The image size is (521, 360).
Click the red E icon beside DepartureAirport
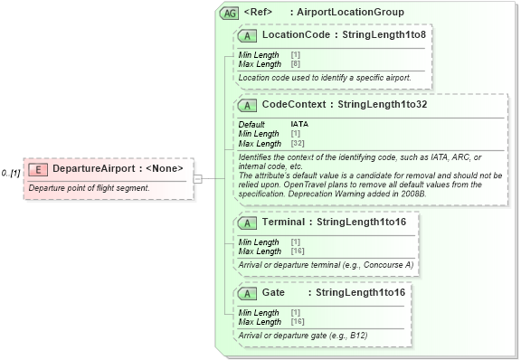tap(38, 168)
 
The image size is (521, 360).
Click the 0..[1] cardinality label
tap(11, 172)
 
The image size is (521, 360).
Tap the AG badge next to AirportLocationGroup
tap(230, 13)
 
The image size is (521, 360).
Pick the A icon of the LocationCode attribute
tap(247, 35)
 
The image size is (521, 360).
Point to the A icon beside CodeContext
tap(247, 104)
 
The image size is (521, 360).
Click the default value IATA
tap(299, 124)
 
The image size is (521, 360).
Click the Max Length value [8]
tap(295, 64)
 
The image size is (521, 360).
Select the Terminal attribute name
tap(283, 222)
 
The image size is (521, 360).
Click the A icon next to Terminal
tap(247, 222)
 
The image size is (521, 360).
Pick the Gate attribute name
tap(273, 293)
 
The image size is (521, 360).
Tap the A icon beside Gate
tap(247, 293)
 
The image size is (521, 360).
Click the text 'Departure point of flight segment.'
tap(89, 187)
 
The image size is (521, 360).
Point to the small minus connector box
tap(197, 178)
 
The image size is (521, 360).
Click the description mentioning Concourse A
tap(326, 264)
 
